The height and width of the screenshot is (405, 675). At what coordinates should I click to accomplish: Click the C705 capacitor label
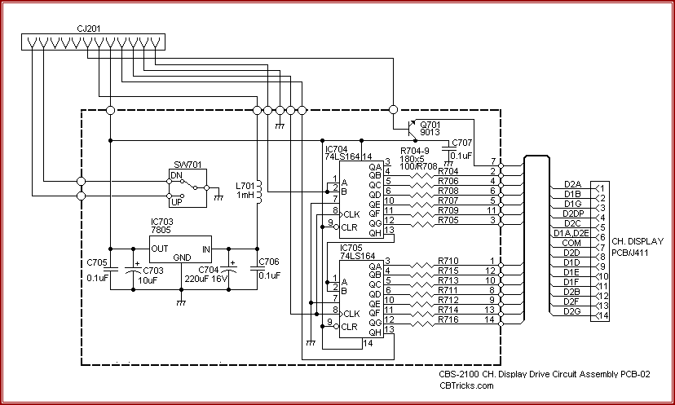coord(97,262)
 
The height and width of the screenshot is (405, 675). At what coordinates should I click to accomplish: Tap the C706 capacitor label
coord(269,262)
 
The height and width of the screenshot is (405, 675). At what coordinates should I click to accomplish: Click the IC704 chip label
coord(337,150)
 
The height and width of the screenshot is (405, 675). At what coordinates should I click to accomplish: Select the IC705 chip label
coord(337,247)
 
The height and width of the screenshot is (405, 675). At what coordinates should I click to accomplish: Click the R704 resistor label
coord(448,171)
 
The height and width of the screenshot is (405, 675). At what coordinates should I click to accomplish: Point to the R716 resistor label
coord(448,319)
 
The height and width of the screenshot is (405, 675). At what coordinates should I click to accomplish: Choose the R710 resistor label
coord(448,261)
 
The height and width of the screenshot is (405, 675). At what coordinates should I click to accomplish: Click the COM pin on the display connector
coord(572,242)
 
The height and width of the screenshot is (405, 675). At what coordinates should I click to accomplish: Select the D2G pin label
coord(571,310)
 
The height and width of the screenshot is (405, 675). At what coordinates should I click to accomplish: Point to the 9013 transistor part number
coord(430,131)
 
